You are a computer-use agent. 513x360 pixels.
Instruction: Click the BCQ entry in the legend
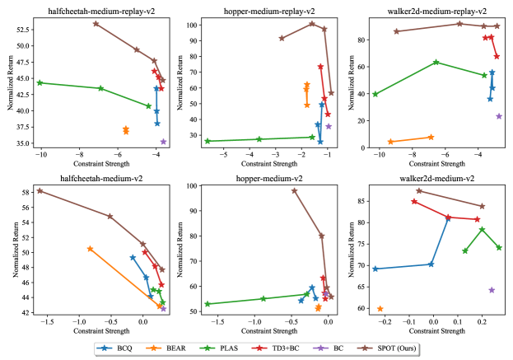120,348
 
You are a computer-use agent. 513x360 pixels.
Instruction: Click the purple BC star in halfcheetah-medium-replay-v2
163,142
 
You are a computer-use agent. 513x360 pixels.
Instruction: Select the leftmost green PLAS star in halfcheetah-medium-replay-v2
40,82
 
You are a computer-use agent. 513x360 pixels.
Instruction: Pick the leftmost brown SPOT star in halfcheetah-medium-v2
40,191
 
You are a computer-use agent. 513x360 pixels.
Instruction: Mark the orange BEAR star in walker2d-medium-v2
380,309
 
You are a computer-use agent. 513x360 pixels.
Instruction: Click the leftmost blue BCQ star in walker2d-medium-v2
375,269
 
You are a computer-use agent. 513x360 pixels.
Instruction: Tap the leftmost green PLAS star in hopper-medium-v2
208,304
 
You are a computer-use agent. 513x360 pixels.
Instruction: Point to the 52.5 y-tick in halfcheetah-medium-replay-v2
22,27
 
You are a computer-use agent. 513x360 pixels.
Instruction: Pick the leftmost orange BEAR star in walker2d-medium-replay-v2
390,142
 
